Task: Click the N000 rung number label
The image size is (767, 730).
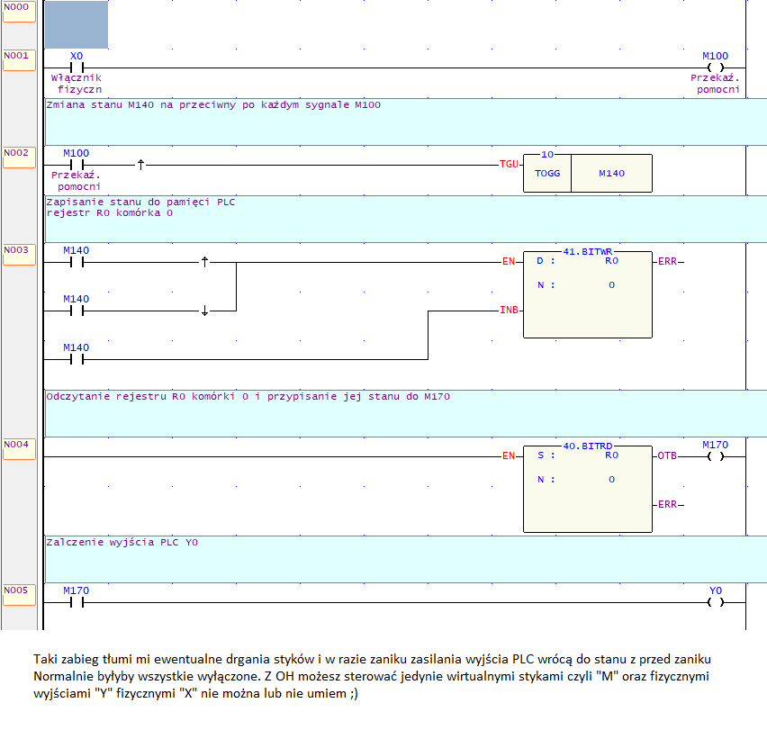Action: pos(16,7)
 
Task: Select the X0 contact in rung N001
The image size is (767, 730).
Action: pos(77,68)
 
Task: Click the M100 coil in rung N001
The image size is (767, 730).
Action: pos(715,68)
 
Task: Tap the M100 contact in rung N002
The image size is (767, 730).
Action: pos(77,165)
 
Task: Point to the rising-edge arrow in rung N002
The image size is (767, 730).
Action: pos(140,165)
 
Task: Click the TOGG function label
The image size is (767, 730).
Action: pos(547,173)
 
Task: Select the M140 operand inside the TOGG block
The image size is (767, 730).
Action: pos(611,173)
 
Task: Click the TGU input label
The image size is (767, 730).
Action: pos(509,165)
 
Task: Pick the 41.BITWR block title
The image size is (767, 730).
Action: pos(588,251)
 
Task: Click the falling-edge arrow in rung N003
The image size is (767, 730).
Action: pos(204,311)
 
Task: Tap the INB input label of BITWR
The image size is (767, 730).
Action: pos(509,310)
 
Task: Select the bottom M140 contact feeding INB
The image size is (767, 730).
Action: pos(77,359)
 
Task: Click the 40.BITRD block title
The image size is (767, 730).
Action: pos(588,446)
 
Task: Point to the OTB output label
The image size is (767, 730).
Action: pos(667,455)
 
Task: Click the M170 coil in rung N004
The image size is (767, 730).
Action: pos(715,456)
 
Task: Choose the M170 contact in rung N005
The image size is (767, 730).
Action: pos(77,602)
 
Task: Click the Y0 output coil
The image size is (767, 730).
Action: pos(715,602)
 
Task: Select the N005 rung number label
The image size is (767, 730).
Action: pos(16,590)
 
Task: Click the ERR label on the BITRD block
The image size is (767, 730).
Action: pos(668,504)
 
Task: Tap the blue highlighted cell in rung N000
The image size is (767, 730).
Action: pos(77,24)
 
